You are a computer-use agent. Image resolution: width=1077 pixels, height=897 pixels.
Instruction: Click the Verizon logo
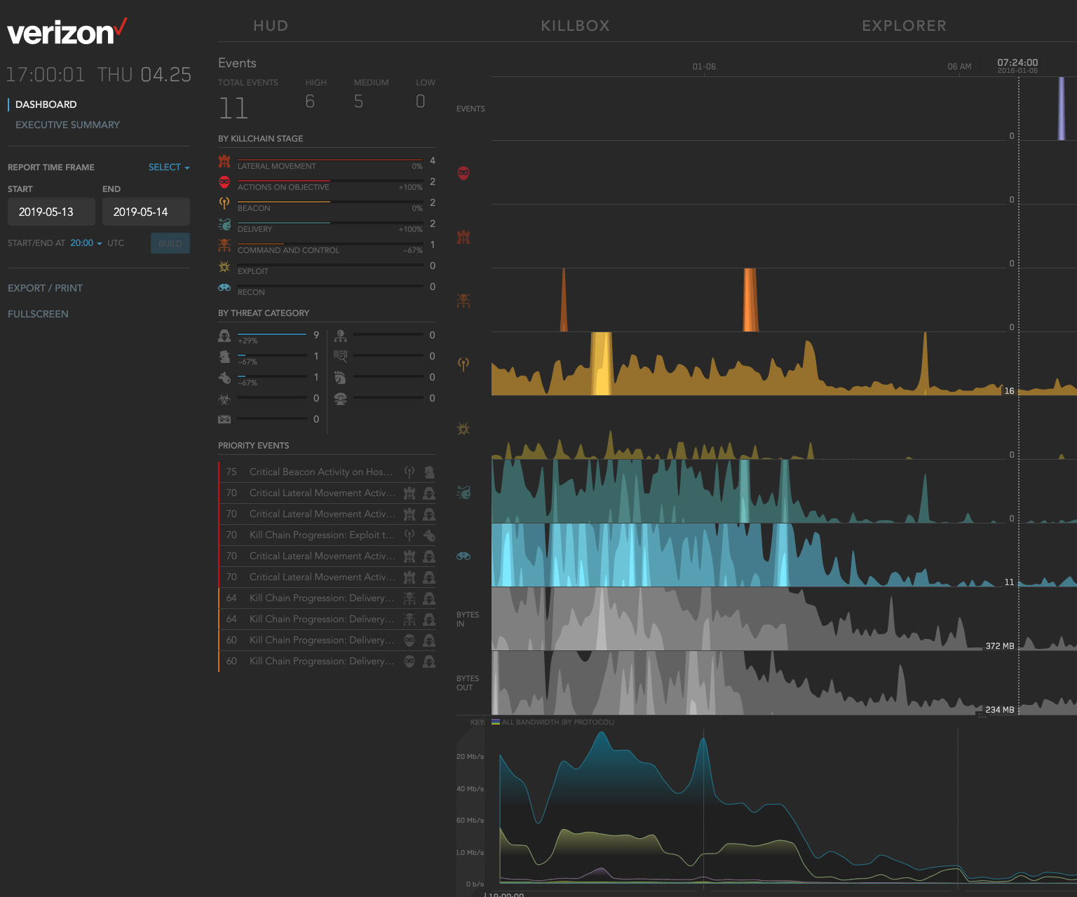click(x=67, y=32)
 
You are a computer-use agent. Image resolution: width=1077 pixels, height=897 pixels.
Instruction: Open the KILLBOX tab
click(x=575, y=26)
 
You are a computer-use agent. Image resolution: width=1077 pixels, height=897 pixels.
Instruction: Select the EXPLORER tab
click(x=904, y=26)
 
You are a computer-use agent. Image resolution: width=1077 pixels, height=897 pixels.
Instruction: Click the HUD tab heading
click(x=271, y=26)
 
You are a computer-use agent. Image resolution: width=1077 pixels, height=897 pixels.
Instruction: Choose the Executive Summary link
click(x=67, y=125)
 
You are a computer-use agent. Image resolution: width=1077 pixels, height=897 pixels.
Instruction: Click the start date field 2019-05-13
click(x=51, y=212)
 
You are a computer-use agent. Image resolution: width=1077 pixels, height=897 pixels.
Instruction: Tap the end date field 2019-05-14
click(x=146, y=212)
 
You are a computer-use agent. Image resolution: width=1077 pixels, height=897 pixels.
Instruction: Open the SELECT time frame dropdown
click(x=168, y=167)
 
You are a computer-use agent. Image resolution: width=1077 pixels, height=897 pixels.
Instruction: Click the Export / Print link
click(x=45, y=288)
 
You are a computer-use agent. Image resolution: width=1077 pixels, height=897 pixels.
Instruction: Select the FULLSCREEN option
click(x=38, y=314)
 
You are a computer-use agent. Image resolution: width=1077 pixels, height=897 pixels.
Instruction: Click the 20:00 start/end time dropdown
click(x=86, y=243)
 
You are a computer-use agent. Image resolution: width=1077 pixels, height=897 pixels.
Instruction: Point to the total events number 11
click(x=233, y=109)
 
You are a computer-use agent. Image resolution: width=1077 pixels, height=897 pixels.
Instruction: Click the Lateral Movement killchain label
click(x=276, y=166)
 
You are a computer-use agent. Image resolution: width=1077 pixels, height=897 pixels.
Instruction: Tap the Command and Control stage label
click(x=288, y=250)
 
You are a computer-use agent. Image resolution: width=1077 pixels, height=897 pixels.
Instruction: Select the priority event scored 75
click(x=320, y=472)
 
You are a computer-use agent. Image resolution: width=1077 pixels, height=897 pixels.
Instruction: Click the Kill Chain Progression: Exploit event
click(x=322, y=535)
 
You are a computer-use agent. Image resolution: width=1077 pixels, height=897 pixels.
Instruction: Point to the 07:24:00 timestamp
click(x=1017, y=62)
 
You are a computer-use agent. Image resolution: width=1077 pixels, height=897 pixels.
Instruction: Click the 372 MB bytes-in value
click(x=999, y=646)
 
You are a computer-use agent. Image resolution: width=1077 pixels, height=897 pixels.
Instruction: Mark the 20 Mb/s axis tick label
click(x=470, y=756)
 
